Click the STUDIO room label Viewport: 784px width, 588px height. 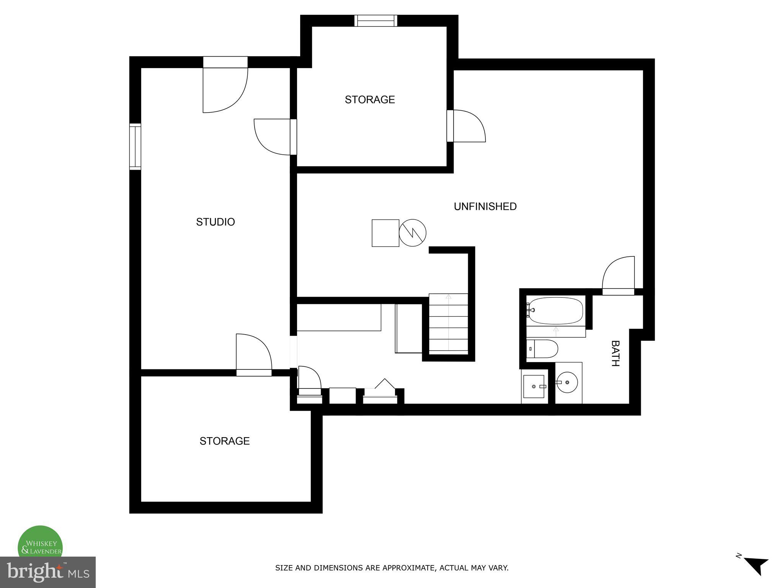tap(215, 222)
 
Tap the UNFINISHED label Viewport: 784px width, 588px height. tap(485, 207)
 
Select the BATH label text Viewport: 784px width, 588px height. tap(615, 353)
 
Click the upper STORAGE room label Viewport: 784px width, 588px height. tap(369, 100)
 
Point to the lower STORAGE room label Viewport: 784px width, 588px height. tap(224, 441)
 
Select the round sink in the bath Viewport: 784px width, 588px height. tap(567, 382)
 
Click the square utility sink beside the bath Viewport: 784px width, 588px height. tap(534, 387)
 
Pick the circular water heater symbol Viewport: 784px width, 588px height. tap(413, 233)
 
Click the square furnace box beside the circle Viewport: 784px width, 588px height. tap(385, 233)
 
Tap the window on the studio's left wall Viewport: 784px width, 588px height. tap(135, 147)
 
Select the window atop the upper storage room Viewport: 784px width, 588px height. tap(376, 21)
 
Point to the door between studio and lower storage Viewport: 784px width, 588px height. tap(253, 354)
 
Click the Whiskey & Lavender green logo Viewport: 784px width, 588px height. tap(40, 544)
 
